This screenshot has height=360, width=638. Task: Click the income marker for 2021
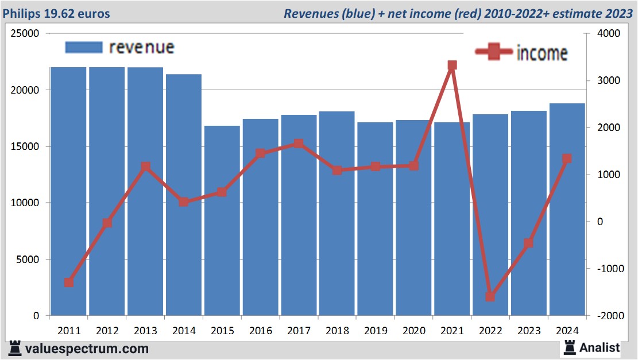(x=452, y=65)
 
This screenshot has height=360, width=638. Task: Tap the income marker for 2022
(x=490, y=297)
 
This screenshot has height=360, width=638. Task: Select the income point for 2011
(x=69, y=282)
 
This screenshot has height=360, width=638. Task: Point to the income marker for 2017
(x=299, y=144)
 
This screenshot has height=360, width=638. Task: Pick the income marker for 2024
(x=567, y=158)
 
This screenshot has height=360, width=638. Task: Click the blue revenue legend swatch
(x=84, y=47)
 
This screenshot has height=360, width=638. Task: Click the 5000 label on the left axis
(x=28, y=260)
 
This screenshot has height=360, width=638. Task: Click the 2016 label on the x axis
(x=261, y=331)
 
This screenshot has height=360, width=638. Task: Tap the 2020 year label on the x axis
(x=414, y=331)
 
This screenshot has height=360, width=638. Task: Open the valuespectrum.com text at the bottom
(x=86, y=349)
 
